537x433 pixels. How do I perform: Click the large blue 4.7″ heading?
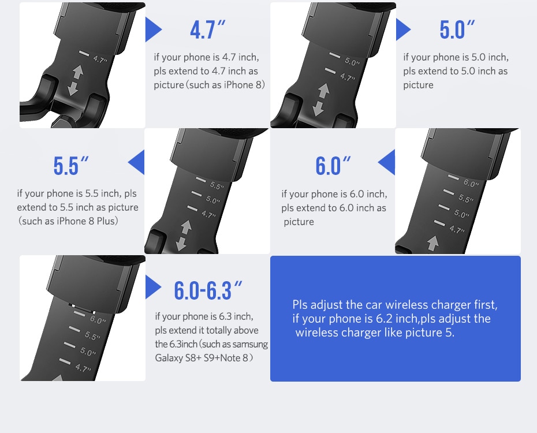click(207, 29)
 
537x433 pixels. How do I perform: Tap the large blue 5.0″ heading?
click(457, 29)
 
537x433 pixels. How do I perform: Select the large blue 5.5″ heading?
click(71, 166)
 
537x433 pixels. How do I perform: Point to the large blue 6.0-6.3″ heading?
click(208, 290)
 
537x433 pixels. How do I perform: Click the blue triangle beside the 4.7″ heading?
click(152, 29)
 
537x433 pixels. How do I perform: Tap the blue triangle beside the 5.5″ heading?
click(137, 162)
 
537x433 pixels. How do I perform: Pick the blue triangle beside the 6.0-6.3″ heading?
click(152, 287)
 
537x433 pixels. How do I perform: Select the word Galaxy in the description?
click(169, 358)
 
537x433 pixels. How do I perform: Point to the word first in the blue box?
click(486, 305)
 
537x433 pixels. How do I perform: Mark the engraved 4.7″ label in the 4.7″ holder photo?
click(100, 59)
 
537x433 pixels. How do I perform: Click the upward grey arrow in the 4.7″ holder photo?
click(78, 72)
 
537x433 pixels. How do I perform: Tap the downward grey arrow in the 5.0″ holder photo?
click(318, 108)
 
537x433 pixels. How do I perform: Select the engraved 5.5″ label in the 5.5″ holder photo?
click(217, 185)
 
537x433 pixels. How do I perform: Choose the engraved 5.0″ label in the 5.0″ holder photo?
click(352, 62)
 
